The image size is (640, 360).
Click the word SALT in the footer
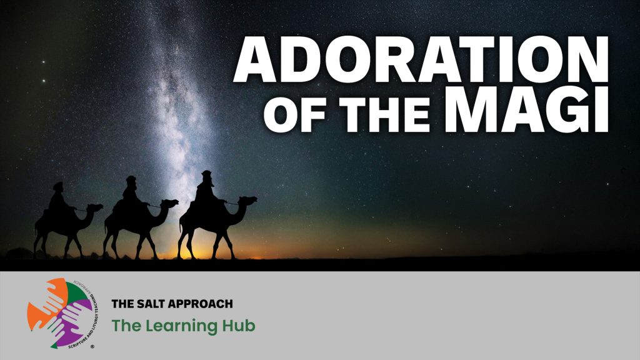point(152,304)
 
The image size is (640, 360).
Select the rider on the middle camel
point(131,193)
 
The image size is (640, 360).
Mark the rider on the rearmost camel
point(56,199)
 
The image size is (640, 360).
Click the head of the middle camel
point(171,204)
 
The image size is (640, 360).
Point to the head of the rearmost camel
point(96,207)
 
